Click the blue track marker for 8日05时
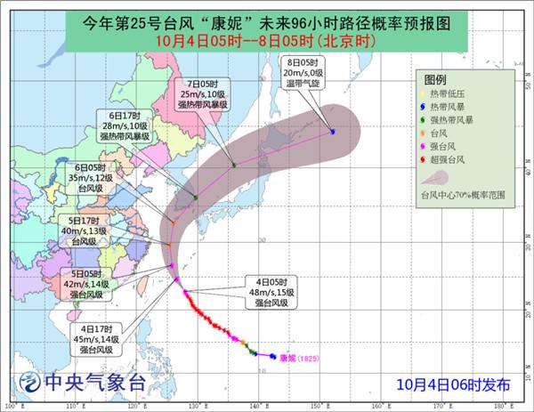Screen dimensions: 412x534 pos(332,132)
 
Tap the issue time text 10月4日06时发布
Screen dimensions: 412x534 pos(454,384)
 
